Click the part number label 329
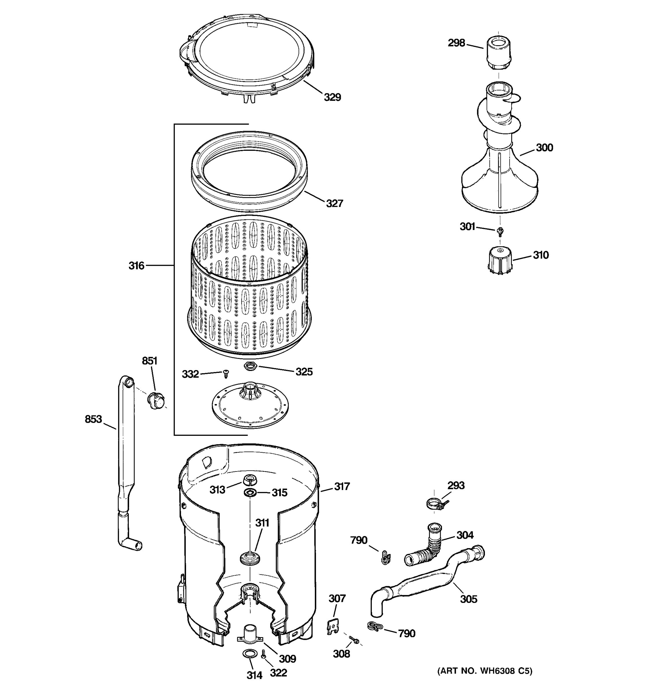point(332,97)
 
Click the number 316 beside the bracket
point(136,266)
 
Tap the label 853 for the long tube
point(93,419)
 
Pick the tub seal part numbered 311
point(250,557)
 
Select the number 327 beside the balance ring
point(334,203)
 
